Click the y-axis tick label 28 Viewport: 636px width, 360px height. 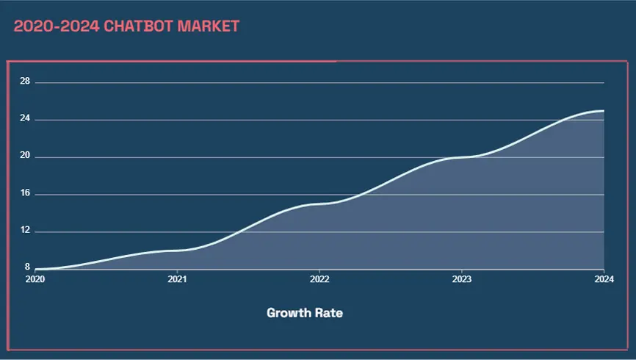[x=25, y=81]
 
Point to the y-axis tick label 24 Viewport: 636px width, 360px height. [x=25, y=118]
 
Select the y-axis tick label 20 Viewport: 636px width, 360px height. [x=25, y=156]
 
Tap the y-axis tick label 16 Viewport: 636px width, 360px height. [x=25, y=193]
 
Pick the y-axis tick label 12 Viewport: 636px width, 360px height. [x=25, y=231]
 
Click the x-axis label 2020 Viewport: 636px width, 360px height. [x=35, y=279]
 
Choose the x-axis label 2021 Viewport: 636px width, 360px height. [x=177, y=279]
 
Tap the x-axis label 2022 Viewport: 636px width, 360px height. [x=319, y=279]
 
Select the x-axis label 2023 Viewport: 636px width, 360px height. [x=461, y=279]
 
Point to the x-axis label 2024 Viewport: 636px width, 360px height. [x=603, y=279]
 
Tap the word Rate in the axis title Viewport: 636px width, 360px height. [x=330, y=313]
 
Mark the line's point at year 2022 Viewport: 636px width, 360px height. [x=319, y=204]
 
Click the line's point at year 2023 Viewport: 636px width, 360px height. [x=461, y=157]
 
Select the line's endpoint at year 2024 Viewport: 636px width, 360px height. [x=604, y=111]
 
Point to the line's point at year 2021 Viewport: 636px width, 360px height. [x=177, y=251]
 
